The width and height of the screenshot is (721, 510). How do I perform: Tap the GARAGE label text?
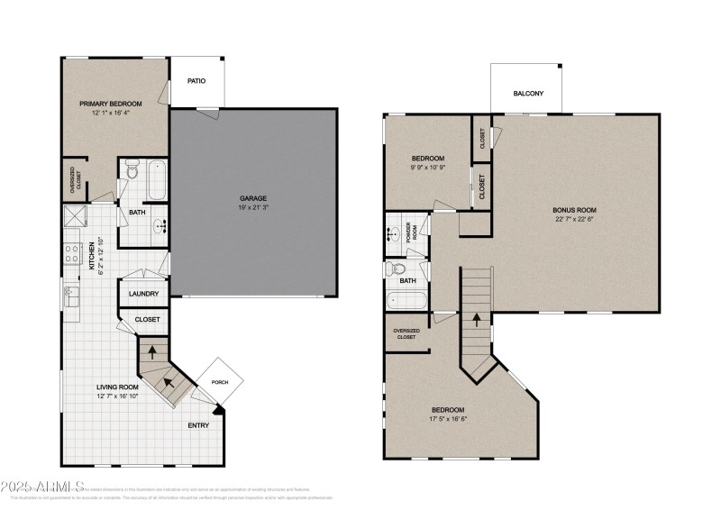(x=253, y=198)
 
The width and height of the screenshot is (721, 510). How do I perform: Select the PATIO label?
(x=196, y=81)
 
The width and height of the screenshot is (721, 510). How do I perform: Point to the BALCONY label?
(x=528, y=94)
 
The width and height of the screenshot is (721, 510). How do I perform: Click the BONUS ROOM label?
(x=574, y=210)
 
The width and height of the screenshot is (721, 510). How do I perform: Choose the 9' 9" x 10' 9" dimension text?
(x=428, y=168)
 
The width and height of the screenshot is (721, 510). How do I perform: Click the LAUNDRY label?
(x=144, y=294)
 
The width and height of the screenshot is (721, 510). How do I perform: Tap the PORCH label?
(x=220, y=382)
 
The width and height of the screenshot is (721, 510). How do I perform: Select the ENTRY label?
(x=199, y=425)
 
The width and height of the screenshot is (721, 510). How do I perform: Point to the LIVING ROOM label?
(x=117, y=387)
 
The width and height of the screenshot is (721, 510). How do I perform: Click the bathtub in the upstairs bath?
(x=402, y=301)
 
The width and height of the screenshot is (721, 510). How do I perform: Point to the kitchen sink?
(x=69, y=295)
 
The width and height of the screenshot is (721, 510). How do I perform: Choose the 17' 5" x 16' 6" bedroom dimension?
(x=447, y=417)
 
